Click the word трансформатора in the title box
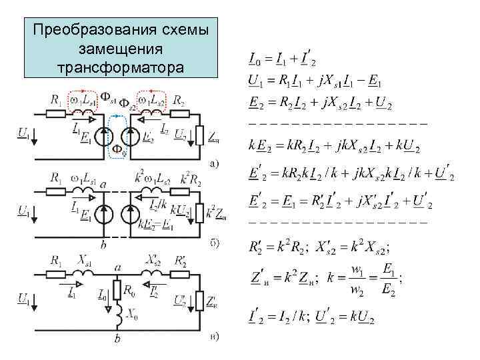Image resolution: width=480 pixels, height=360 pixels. pyautogui.click(x=121, y=67)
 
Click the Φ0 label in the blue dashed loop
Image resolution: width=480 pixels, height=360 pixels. pyautogui.click(x=116, y=148)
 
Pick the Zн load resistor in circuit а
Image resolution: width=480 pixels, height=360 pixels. pyautogui.click(x=199, y=135)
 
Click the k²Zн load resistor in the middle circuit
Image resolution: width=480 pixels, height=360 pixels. pyautogui.click(x=200, y=213)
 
